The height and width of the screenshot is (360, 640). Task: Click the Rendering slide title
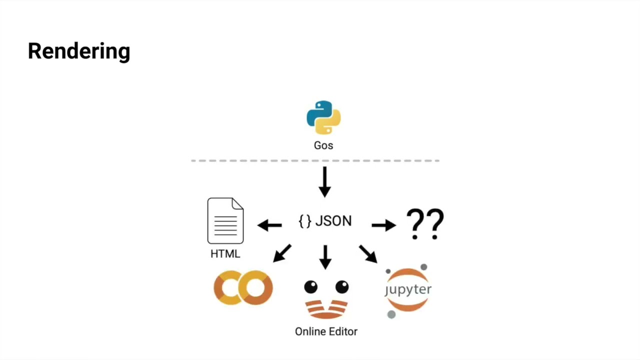[79, 51]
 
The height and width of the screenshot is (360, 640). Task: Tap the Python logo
[323, 117]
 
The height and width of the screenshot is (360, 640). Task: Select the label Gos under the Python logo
[323, 145]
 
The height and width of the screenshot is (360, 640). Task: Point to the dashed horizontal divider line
[315, 161]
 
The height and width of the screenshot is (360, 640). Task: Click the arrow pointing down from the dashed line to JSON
[325, 182]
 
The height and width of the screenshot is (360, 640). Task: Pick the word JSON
[333, 221]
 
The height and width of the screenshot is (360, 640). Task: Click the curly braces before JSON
[305, 221]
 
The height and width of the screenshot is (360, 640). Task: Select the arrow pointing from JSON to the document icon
[269, 225]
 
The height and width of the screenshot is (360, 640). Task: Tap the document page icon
[225, 220]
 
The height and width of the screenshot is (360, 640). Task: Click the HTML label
[225, 253]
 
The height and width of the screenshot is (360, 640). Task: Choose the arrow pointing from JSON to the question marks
[384, 225]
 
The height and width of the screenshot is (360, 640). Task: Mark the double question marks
[425, 224]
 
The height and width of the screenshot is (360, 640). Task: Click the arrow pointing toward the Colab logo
[282, 253]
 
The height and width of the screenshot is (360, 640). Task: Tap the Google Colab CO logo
[243, 287]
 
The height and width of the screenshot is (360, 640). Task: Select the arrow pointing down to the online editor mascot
[325, 257]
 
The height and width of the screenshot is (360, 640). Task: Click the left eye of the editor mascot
[311, 287]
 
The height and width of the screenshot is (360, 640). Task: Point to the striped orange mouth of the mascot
[326, 309]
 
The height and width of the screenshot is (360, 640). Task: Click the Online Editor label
[326, 331]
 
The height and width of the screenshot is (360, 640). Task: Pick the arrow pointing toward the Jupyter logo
[368, 253]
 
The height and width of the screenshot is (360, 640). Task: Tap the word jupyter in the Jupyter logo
[408, 289]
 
